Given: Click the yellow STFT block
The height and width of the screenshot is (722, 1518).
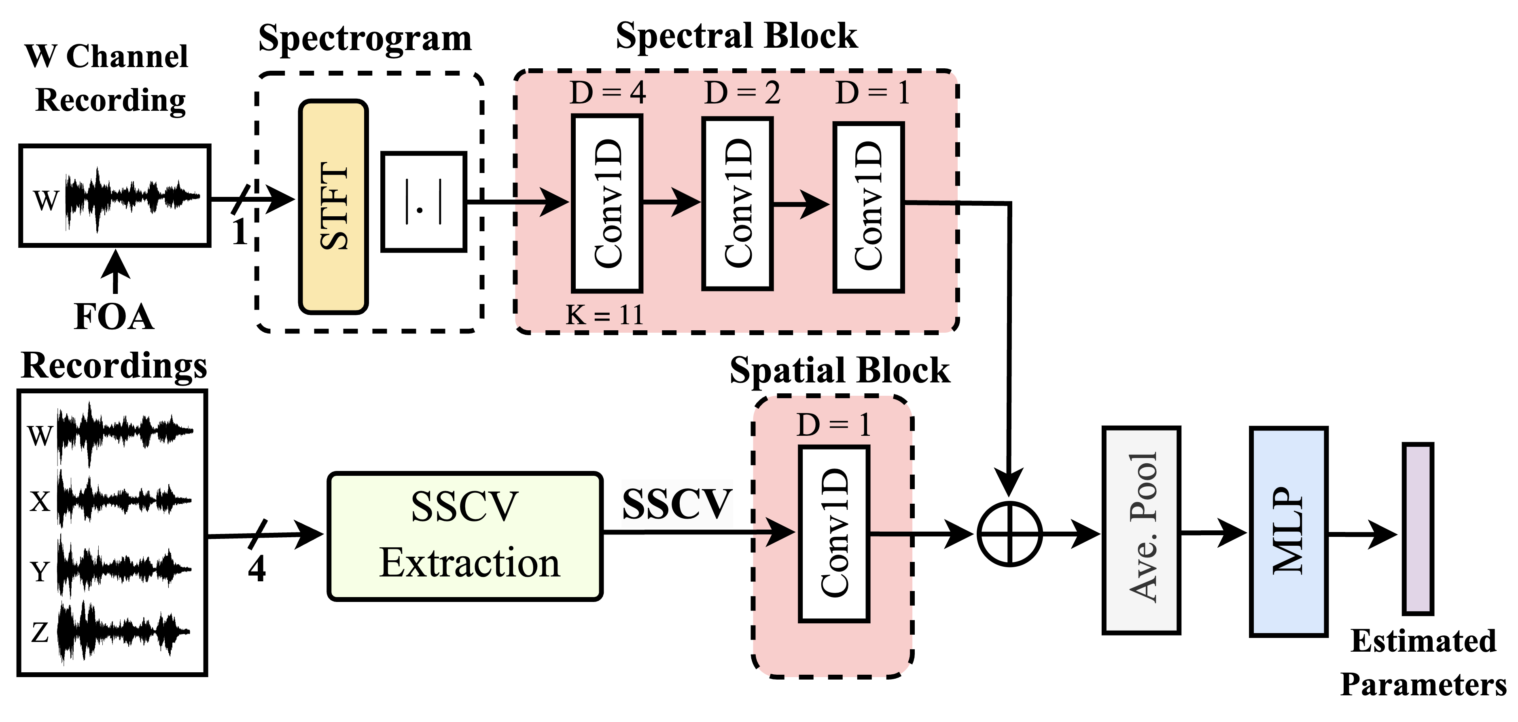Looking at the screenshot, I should (x=333, y=206).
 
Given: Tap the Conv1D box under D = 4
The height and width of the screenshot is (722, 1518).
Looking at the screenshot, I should (x=607, y=203).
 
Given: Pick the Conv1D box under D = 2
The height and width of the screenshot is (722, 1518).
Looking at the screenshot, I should (x=737, y=203).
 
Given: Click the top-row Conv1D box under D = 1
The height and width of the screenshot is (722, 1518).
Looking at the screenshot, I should (x=868, y=206).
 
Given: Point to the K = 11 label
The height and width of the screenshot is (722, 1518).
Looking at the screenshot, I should (x=604, y=315).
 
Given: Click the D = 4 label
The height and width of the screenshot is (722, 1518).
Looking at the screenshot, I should (x=608, y=93).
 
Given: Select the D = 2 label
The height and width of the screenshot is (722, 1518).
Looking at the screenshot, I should (x=742, y=93).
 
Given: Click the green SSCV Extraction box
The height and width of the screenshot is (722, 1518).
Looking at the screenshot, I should (x=465, y=536).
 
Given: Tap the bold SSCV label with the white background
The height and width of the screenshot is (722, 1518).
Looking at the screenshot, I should (x=677, y=504).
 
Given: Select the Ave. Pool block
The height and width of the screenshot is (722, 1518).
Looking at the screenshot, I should (x=1141, y=530).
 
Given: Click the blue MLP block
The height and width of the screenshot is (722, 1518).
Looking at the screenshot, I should (x=1288, y=531).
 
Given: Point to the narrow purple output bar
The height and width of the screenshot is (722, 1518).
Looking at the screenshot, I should (x=1418, y=528).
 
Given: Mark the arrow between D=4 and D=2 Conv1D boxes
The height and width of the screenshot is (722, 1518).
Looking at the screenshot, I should (x=672, y=202).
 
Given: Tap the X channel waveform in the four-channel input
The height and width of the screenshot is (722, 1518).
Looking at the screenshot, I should (x=124, y=500).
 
